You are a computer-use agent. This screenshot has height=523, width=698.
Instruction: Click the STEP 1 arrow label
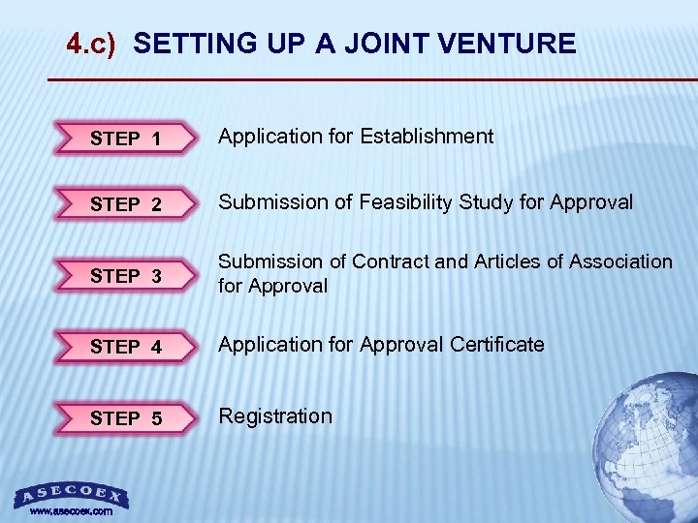(x=126, y=138)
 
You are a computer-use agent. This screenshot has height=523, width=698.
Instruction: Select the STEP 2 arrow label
(x=126, y=204)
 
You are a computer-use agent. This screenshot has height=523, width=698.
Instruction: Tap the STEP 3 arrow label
(x=126, y=276)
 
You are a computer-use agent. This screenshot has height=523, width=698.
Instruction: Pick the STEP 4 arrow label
(x=126, y=347)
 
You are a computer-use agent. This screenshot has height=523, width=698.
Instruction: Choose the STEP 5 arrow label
(x=126, y=418)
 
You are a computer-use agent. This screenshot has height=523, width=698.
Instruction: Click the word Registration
(x=275, y=416)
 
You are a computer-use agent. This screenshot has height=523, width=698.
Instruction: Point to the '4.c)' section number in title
(x=91, y=44)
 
